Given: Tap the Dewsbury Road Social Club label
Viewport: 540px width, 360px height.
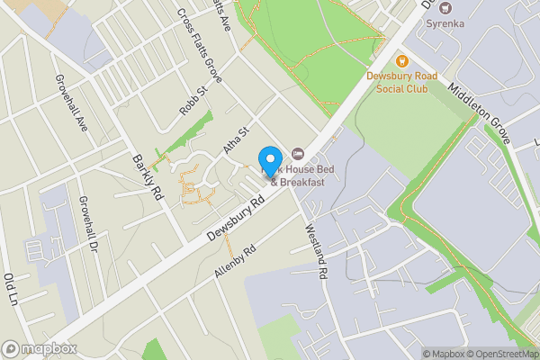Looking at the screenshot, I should pyautogui.click(x=402, y=83).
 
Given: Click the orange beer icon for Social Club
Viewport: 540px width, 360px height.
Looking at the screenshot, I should pyautogui.click(x=402, y=61).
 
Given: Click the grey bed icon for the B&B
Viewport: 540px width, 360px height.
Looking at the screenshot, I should pyautogui.click(x=298, y=155).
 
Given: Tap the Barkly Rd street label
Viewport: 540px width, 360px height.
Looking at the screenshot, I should pyautogui.click(x=147, y=174).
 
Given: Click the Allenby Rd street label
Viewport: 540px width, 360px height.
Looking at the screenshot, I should pyautogui.click(x=236, y=259).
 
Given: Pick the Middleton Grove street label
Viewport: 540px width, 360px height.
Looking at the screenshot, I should pyautogui.click(x=479, y=112).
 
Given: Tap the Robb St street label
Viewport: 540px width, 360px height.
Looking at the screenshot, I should pyautogui.click(x=193, y=101).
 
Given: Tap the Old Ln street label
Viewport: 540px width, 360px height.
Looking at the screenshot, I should pyautogui.click(x=13, y=290).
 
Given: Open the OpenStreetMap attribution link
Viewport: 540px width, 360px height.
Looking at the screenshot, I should pyautogui.click(x=498, y=354).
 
